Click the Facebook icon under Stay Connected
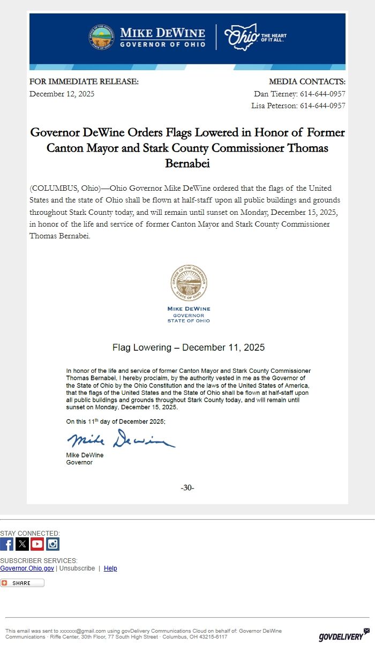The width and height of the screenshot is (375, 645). [6, 544]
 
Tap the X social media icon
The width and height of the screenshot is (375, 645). [22, 544]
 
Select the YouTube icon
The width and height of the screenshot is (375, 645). [37, 544]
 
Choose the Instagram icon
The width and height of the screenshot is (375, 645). [52, 544]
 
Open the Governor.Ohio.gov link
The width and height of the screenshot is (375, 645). [27, 568]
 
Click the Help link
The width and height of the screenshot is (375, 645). [110, 568]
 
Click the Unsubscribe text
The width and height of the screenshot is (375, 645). [77, 568]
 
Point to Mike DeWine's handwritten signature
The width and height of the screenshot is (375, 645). [121, 440]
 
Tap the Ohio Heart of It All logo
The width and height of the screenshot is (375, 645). [255, 37]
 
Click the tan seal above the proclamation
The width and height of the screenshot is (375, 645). [189, 282]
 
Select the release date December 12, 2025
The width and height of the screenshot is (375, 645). [62, 94]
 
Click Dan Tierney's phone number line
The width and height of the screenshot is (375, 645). [299, 94]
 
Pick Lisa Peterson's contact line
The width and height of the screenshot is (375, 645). [298, 106]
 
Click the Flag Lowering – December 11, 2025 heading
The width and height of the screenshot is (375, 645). [189, 348]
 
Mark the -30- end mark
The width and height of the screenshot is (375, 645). [187, 487]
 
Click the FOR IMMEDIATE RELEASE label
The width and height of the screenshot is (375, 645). [84, 82]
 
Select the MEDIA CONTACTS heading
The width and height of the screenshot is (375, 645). [307, 82]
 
